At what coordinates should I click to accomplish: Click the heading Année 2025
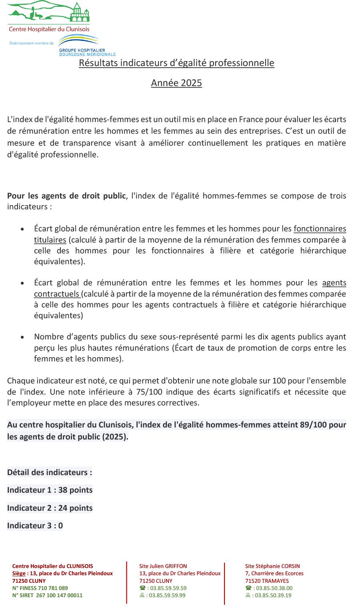point(176,83)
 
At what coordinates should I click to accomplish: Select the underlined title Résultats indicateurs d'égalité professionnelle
point(176,63)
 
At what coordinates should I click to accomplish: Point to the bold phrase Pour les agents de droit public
point(66,196)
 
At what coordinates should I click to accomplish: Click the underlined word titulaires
point(50,240)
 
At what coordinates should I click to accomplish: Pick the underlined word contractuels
point(57,294)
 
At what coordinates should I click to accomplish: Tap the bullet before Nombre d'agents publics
point(22,337)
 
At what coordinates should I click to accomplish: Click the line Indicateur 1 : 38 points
point(50,490)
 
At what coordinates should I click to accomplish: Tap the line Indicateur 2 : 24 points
point(50,508)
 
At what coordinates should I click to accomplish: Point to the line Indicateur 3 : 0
point(35,526)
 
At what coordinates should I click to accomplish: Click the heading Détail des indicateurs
point(50,472)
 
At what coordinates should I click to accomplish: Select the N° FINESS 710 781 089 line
point(40,588)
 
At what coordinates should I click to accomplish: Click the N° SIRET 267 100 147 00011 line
point(47,595)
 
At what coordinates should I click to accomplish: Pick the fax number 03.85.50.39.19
point(274,595)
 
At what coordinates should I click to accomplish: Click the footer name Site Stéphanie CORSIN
point(272,566)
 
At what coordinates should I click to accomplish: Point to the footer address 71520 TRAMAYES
point(267,581)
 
